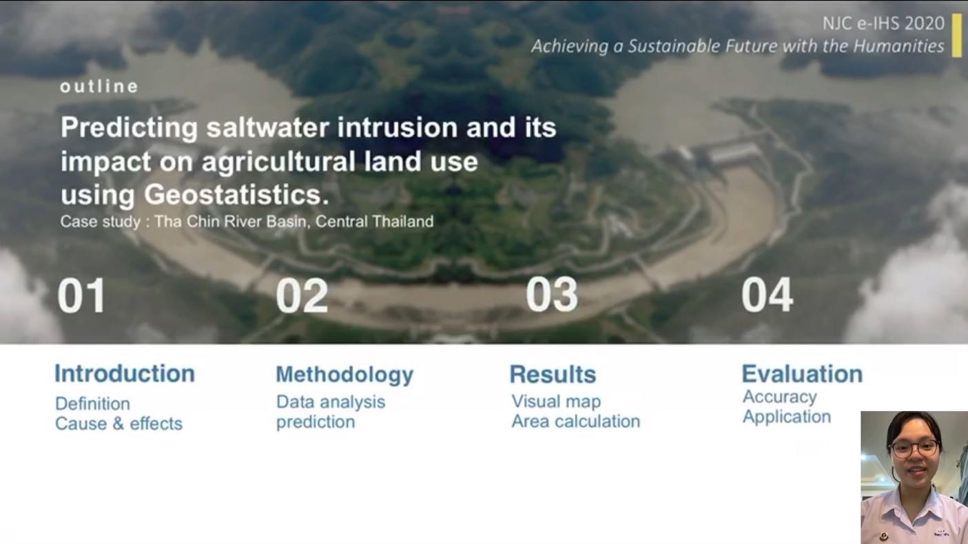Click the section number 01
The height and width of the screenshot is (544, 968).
click(x=81, y=295)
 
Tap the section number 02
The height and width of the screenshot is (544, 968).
click(x=302, y=295)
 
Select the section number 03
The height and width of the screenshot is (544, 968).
click(x=552, y=295)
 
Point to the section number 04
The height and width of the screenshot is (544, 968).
click(x=768, y=295)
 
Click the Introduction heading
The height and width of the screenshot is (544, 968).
click(x=125, y=373)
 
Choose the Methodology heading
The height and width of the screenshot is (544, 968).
click(x=344, y=375)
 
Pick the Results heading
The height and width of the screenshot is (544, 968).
click(x=553, y=374)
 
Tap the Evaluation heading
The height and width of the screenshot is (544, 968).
click(x=802, y=373)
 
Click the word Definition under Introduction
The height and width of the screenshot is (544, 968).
click(x=92, y=404)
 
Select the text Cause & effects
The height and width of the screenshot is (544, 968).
click(x=119, y=423)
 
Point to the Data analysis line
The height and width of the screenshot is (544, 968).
click(x=331, y=402)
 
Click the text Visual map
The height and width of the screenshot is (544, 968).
click(x=556, y=401)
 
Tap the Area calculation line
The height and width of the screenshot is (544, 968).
click(x=575, y=421)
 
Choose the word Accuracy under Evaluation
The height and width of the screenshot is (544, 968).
click(x=780, y=397)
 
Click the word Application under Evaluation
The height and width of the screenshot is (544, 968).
click(x=787, y=417)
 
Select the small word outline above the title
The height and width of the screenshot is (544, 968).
click(x=99, y=87)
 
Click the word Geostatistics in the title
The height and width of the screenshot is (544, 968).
click(x=236, y=195)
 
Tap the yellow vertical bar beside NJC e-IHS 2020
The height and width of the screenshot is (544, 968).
click(x=957, y=35)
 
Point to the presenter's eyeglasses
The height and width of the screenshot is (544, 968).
click(x=915, y=448)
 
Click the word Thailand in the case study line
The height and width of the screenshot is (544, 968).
click(x=403, y=222)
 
